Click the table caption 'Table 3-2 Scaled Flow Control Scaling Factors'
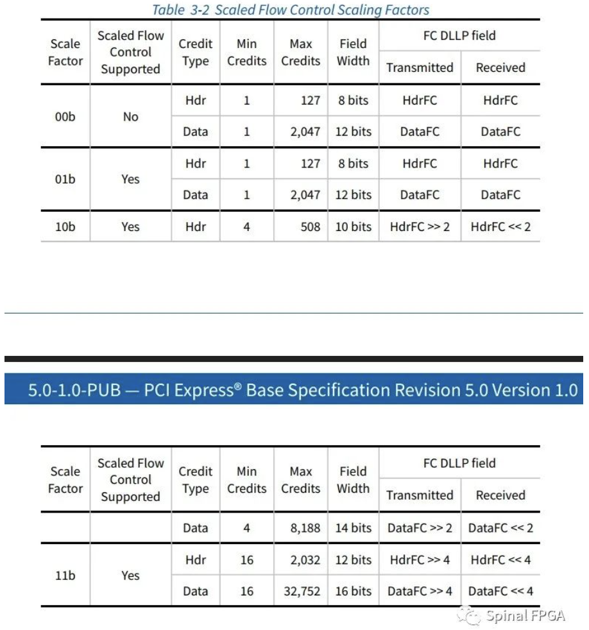290,10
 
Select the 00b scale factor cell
65,116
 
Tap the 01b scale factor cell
65,179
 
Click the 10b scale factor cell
65,226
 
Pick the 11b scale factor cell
65,575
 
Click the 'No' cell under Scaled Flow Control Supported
130,116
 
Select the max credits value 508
310,226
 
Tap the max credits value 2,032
305,559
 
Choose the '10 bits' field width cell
353,226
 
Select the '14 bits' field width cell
353,528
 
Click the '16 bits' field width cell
353,591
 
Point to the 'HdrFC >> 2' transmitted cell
420,226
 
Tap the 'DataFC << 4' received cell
500,591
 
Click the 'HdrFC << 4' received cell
500,559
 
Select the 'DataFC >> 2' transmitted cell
420,528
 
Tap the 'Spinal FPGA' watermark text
525,617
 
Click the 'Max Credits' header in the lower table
300,480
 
